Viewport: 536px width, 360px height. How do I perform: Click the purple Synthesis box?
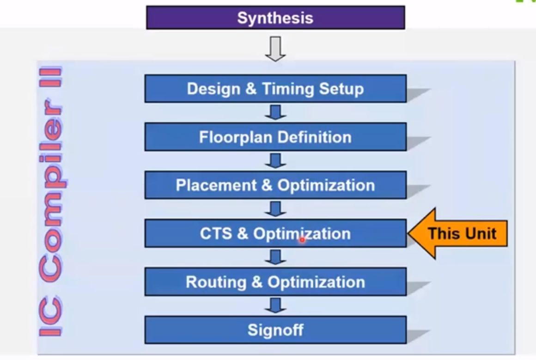[275, 18]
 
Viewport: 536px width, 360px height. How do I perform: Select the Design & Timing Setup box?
[275, 89]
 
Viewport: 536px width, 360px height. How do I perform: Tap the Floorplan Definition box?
[275, 137]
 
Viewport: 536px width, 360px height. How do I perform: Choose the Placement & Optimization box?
[275, 185]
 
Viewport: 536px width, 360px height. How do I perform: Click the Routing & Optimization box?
[275, 282]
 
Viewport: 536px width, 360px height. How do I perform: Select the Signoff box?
[275, 330]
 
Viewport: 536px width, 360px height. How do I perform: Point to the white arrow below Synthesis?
[275, 49]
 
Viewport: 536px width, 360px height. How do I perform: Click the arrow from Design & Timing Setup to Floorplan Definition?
[275, 112]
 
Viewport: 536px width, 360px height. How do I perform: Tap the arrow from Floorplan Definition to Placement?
[275, 161]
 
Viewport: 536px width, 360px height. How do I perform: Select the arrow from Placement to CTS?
[275, 209]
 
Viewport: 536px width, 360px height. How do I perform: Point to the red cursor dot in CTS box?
[302, 240]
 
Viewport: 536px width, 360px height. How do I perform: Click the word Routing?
[216, 282]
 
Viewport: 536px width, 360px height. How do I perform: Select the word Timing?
[284, 89]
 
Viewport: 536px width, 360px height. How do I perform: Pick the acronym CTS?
[216, 234]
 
